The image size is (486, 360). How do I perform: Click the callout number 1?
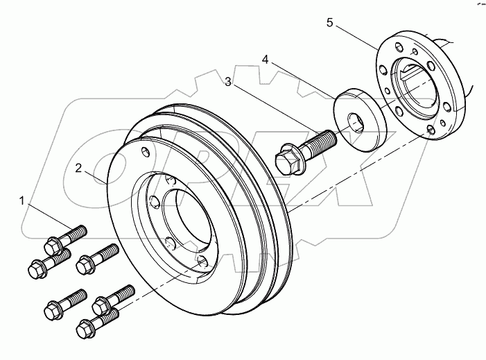[x=22, y=201]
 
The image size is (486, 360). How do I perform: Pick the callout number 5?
[x=330, y=23]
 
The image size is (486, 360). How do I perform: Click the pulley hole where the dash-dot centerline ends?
[x=202, y=261]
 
